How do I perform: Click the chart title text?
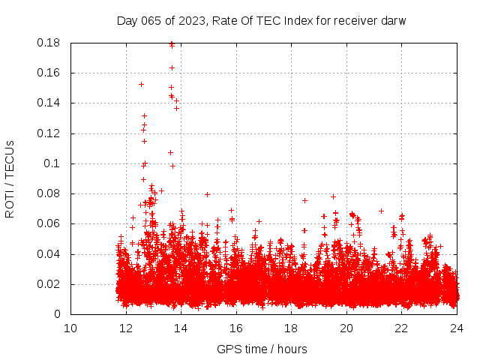point(261,20)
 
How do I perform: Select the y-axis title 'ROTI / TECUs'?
point(10,178)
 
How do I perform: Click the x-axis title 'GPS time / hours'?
point(262,349)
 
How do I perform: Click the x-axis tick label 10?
point(70,328)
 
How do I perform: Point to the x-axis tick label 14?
point(181,328)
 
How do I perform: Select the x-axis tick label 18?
point(291,328)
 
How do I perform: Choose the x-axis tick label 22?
point(401,328)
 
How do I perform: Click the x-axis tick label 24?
point(456,328)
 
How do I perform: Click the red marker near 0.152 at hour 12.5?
point(141,84)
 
